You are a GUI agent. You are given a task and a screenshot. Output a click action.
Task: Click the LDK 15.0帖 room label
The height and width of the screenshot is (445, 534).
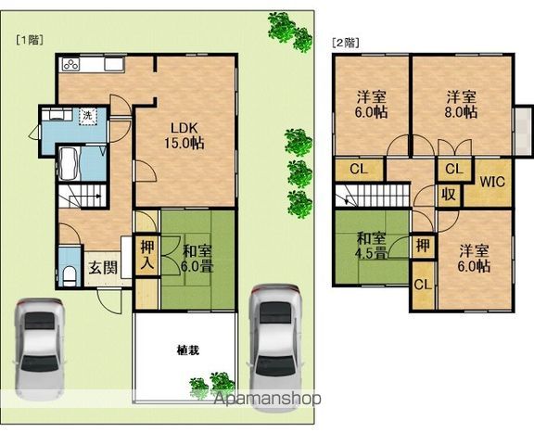point(184,136)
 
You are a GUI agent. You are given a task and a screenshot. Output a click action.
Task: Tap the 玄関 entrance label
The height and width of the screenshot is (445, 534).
point(103,267)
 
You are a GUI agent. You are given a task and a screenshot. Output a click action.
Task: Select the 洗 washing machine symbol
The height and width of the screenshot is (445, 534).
point(88,115)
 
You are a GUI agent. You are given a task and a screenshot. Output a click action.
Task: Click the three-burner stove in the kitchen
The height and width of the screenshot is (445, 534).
point(70,64)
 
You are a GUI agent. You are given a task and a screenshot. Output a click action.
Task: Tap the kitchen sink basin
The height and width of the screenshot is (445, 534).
point(114,64)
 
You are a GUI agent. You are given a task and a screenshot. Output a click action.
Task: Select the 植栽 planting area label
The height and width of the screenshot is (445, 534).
point(188,350)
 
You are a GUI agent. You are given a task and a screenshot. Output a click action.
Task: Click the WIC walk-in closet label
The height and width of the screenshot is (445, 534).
point(492,182)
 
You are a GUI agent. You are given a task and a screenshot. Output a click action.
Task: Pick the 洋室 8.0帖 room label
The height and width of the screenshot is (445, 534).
point(461,104)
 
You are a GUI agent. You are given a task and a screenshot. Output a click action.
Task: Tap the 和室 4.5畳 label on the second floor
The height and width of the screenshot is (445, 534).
point(371,246)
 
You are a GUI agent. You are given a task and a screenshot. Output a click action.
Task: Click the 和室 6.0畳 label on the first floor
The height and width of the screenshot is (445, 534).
point(197,259)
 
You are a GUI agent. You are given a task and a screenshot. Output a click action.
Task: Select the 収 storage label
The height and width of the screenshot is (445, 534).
point(449,195)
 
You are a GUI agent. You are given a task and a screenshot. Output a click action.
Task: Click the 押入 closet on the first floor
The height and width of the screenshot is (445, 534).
point(147,255)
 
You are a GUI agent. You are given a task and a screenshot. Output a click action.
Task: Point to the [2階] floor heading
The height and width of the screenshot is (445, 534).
point(346,43)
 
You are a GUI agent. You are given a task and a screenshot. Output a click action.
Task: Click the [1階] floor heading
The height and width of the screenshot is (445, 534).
point(30,40)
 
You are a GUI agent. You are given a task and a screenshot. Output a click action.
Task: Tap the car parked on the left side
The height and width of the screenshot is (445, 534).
point(39,350)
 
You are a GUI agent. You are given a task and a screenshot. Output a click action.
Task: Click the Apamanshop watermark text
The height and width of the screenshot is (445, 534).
point(267,399)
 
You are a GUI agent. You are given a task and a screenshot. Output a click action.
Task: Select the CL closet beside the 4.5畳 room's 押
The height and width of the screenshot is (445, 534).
point(423,285)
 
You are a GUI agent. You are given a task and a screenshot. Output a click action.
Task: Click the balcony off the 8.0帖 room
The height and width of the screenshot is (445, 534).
point(524,132)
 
